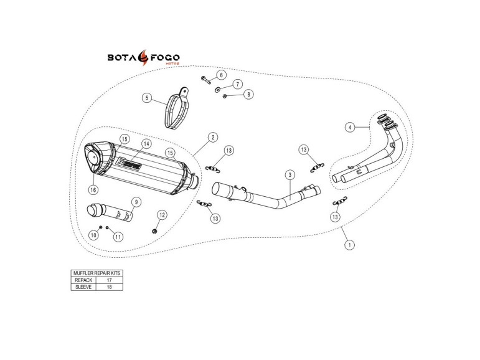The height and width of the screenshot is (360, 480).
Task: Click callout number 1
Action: coord(350,245)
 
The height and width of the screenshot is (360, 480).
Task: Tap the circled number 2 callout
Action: coord(213,137)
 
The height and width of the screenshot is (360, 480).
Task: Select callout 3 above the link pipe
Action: coord(290,175)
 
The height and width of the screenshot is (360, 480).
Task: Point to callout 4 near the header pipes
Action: coord(351,127)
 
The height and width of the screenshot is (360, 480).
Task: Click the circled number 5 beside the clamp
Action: coord(148,98)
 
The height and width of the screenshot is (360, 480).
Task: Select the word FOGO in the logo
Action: coord(165,57)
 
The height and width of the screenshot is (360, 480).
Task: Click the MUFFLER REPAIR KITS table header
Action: coord(97,273)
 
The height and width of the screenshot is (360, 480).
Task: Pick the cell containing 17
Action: coord(110,280)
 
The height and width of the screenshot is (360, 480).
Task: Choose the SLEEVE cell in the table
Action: coord(83,287)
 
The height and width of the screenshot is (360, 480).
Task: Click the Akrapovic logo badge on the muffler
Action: coord(129,163)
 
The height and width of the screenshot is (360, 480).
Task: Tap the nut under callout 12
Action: coord(154,230)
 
